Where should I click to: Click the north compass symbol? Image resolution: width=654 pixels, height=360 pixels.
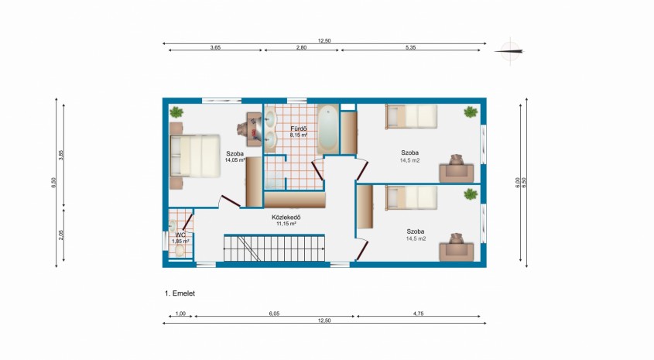[510, 51]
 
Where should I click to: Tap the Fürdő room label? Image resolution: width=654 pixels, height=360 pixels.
[299, 129]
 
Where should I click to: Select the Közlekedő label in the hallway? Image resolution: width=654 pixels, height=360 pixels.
[286, 218]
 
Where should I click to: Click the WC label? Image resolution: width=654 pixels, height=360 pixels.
[180, 235]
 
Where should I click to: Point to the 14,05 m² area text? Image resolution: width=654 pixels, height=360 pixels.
[235, 159]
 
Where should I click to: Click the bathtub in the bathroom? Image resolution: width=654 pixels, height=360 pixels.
[328, 129]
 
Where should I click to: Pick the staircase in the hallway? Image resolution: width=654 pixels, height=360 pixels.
[274, 249]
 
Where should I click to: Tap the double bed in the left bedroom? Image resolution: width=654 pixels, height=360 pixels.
[195, 156]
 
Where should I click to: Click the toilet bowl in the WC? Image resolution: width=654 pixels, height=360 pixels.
[180, 250]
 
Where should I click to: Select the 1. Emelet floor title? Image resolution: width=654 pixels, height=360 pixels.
[180, 293]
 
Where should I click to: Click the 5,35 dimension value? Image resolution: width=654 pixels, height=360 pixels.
[410, 47]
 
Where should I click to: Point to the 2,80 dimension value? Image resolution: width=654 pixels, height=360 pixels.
[301, 47]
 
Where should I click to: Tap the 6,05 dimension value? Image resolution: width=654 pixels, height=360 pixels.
[274, 314]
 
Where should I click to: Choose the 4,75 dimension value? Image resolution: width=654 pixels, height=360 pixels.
[418, 314]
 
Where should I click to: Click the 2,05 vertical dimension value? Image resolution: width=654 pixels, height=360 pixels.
[61, 235]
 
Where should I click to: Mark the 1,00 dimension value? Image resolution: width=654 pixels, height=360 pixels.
[180, 314]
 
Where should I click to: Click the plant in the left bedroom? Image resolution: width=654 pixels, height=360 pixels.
[176, 111]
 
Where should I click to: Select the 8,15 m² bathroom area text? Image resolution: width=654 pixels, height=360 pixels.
[299, 135]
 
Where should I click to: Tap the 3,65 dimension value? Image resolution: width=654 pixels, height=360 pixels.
[215, 47]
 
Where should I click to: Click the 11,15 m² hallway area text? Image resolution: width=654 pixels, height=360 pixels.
[286, 224]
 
